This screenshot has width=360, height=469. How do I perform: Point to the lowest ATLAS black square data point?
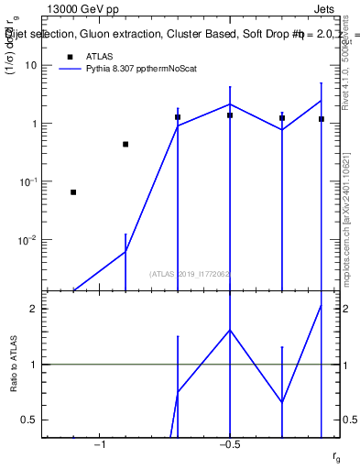[73, 192]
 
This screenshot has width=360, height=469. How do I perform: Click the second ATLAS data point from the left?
[125, 144]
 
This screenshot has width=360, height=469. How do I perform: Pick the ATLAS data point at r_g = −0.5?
[230, 115]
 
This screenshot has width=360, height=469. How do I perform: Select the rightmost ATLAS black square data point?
[322, 119]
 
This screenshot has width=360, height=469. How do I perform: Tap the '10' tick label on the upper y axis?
[31, 66]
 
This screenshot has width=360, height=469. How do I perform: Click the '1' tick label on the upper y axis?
[34, 124]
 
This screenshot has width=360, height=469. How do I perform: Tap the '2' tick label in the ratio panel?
[34, 309]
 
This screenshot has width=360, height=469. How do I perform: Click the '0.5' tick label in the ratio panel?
[30, 420]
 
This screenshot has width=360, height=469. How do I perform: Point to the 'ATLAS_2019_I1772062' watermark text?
[191, 273]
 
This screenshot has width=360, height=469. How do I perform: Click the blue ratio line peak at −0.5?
[230, 330]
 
